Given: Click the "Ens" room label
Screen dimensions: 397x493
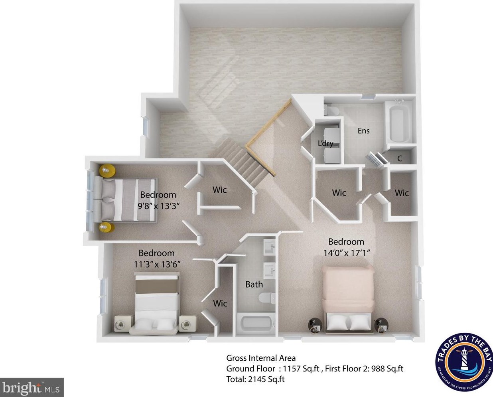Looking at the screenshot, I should (x=363, y=131).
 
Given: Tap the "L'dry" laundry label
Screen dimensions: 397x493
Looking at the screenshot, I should (x=325, y=144).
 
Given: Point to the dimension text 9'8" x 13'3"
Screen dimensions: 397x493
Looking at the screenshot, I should (x=158, y=206).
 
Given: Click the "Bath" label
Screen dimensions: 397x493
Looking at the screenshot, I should (x=254, y=284).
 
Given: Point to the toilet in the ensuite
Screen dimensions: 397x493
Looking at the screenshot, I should (x=331, y=110).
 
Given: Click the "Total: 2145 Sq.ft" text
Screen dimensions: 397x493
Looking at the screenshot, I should (x=255, y=379).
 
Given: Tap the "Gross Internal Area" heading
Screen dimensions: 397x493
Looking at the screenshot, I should (x=261, y=358).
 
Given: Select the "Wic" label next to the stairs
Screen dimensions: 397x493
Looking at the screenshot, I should (x=219, y=190).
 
